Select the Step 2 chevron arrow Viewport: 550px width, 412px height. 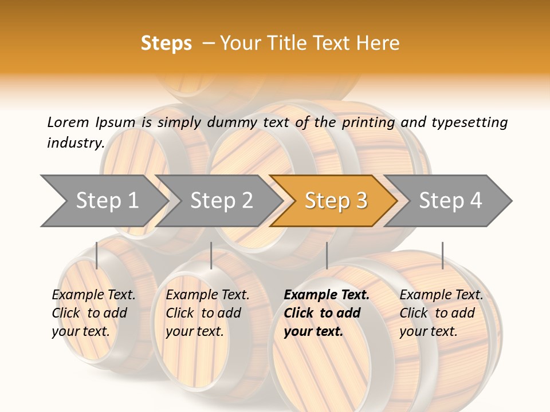click(x=221, y=200)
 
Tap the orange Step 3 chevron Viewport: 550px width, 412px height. click(x=335, y=200)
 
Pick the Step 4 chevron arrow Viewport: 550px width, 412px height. click(x=450, y=200)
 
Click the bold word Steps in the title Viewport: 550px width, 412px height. click(x=166, y=43)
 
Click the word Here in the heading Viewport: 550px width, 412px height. click(x=378, y=43)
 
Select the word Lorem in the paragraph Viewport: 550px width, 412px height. click(x=68, y=122)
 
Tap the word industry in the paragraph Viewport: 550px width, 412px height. click(x=76, y=143)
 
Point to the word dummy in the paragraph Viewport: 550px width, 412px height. click(x=232, y=122)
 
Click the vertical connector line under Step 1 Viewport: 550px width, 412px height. click(x=97, y=255)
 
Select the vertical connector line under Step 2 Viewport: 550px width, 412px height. click(x=211, y=255)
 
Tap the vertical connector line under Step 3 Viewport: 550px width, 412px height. click(x=327, y=255)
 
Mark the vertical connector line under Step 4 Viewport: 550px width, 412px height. click(x=442, y=255)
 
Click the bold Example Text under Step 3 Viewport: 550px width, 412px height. click(x=327, y=295)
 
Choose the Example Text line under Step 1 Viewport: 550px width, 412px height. click(x=93, y=295)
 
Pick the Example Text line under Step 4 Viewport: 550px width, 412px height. click(x=441, y=295)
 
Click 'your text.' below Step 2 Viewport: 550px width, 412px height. click(x=194, y=331)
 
